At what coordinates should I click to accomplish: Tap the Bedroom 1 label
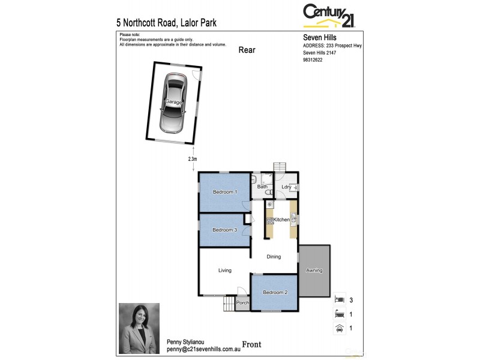coord(225,192)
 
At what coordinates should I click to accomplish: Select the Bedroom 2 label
coord(274,292)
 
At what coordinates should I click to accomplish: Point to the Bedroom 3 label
coord(225,230)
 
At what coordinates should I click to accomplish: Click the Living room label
coord(225,271)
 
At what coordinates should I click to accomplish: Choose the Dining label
coord(274,257)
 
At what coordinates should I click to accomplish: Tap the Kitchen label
coord(281,220)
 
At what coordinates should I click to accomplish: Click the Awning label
coord(314,271)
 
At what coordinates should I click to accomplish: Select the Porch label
coord(242,302)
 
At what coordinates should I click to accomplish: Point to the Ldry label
coord(286,187)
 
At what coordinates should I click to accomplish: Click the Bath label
coord(262,187)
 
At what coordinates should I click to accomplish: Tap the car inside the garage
coord(173,103)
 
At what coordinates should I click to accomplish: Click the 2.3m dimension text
coord(193,159)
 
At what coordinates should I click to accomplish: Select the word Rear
coord(247,50)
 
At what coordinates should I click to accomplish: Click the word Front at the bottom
coord(251,344)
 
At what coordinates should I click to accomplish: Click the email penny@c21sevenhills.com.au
coord(203,349)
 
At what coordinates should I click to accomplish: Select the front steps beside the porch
coord(229,305)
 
